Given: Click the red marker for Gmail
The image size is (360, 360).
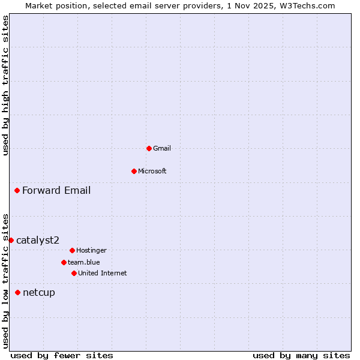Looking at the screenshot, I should tap(149, 148).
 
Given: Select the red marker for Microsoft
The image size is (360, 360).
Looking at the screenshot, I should tap(134, 171).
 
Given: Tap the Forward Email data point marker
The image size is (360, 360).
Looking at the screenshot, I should tap(17, 191).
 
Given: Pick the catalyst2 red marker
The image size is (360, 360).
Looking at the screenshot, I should tap(11, 240).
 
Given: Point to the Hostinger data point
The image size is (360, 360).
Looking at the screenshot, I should tap(72, 250).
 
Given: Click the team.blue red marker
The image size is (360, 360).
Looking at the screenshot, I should tap(64, 262).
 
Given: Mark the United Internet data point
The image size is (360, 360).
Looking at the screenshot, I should tap(74, 273).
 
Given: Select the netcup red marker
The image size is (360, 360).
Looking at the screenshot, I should tap(17, 293).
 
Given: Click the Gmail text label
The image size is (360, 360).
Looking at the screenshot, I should tap(162, 148).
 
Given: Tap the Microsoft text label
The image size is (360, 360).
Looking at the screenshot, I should tap(152, 171).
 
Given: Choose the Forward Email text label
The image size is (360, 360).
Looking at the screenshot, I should tap(56, 191).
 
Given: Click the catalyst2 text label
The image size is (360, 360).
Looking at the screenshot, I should tap(38, 240).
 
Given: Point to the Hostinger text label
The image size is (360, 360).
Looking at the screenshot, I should tap(91, 250).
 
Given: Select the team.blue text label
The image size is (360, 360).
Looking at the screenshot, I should tap(84, 262).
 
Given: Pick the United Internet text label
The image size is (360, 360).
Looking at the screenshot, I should tap(103, 273).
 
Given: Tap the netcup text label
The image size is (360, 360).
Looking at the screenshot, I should tap(39, 293).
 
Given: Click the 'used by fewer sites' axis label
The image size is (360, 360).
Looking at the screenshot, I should tap(62, 355).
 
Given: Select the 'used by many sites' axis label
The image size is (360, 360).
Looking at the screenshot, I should tap(301, 355).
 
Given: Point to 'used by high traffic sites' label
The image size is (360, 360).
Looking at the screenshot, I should tap(5, 85).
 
